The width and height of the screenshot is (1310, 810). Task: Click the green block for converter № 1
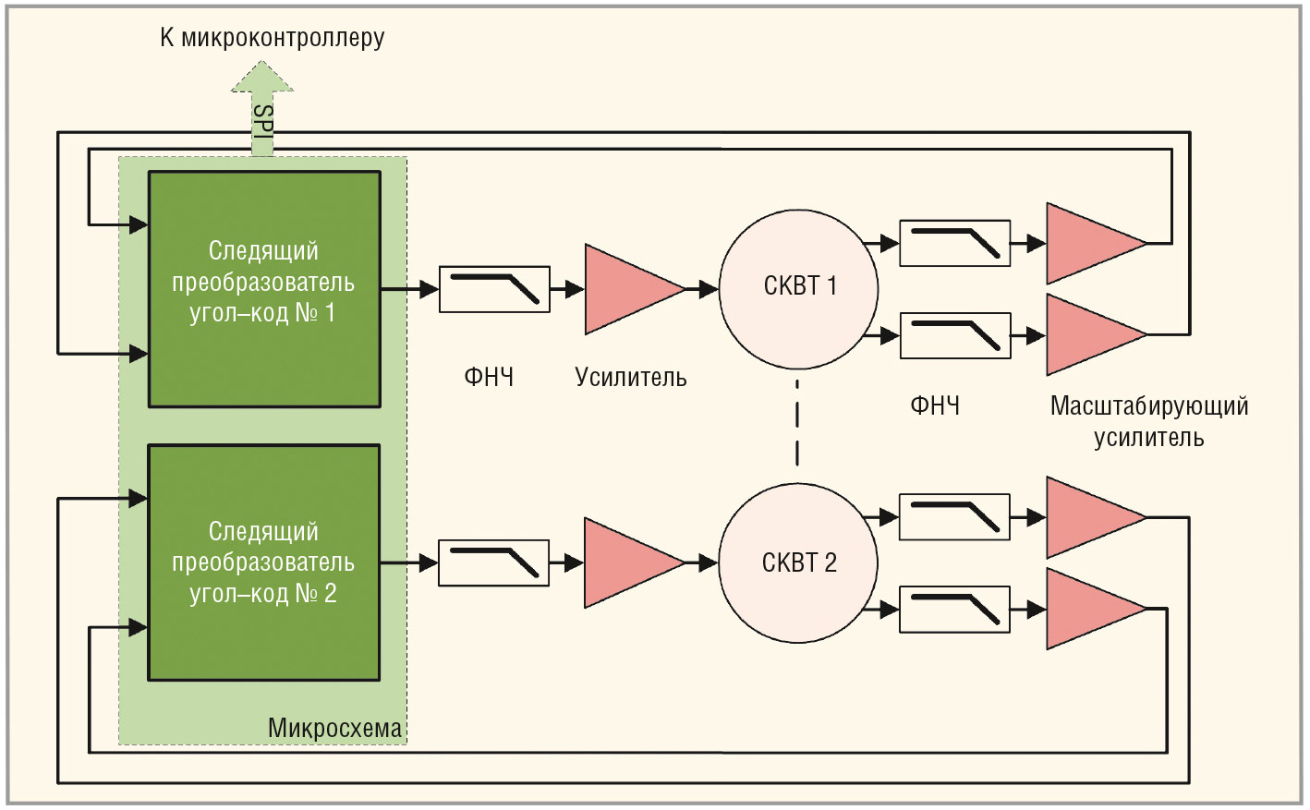click(264, 288)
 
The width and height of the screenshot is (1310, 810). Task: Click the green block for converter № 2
click(264, 562)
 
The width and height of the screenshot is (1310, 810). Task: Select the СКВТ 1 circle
click(798, 288)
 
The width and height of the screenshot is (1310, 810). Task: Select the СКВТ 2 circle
click(798, 562)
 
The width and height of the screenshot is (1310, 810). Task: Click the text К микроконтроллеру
click(272, 38)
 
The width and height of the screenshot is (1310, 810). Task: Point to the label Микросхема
click(334, 728)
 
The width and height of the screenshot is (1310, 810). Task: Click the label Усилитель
click(631, 377)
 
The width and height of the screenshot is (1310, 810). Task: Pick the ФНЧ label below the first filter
click(489, 377)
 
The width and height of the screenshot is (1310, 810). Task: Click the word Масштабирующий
click(1149, 405)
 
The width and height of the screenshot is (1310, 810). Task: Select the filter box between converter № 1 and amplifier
click(494, 289)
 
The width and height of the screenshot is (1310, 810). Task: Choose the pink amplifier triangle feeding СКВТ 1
click(629, 289)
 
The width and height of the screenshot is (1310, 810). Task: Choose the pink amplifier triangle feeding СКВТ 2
click(629, 562)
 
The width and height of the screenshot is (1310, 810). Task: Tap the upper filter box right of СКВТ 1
click(954, 244)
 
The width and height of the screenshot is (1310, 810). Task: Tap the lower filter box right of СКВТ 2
click(954, 610)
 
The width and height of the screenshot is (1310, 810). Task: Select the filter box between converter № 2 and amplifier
click(493, 562)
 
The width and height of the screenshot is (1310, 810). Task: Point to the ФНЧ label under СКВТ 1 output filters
click(935, 405)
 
